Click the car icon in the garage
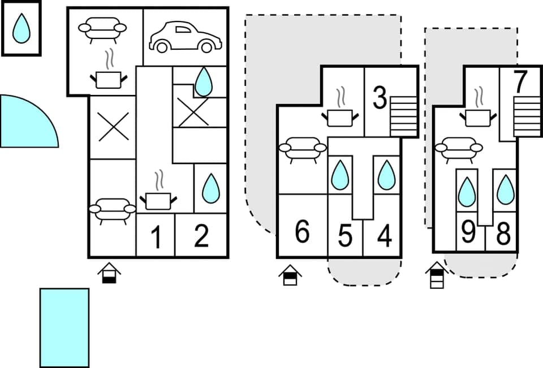point(184,37)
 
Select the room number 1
point(156,237)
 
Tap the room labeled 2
point(201,236)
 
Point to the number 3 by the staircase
point(380,98)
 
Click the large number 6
point(303,232)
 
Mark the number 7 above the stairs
point(520,82)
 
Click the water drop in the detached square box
point(21,28)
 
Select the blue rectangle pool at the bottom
point(64,327)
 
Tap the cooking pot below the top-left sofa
point(108,77)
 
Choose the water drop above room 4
point(386,175)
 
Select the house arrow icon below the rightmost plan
point(436,275)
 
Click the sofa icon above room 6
point(303,149)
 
